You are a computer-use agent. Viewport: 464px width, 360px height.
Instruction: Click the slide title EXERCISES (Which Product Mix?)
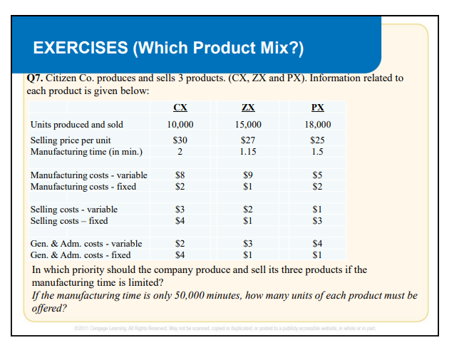[168, 48]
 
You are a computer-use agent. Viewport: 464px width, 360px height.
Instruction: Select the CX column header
[181, 107]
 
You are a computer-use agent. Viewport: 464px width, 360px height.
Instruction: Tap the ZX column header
[249, 107]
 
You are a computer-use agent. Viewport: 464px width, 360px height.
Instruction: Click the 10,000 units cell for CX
[180, 125]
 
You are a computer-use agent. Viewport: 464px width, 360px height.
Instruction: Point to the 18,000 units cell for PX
[318, 125]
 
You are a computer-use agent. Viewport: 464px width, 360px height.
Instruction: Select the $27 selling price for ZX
[249, 140]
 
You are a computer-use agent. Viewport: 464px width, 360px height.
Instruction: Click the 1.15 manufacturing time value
[249, 151]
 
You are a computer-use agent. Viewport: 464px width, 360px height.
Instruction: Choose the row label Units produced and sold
[76, 125]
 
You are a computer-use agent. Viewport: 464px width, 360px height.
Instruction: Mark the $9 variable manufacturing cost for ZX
[249, 175]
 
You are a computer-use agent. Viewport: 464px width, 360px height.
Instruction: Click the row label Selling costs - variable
[74, 210]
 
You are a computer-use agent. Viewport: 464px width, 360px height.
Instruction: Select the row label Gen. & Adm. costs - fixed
[81, 254]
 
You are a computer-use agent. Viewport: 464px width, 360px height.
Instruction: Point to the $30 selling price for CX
[180, 140]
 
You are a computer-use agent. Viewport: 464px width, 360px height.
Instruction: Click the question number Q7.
[34, 78]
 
